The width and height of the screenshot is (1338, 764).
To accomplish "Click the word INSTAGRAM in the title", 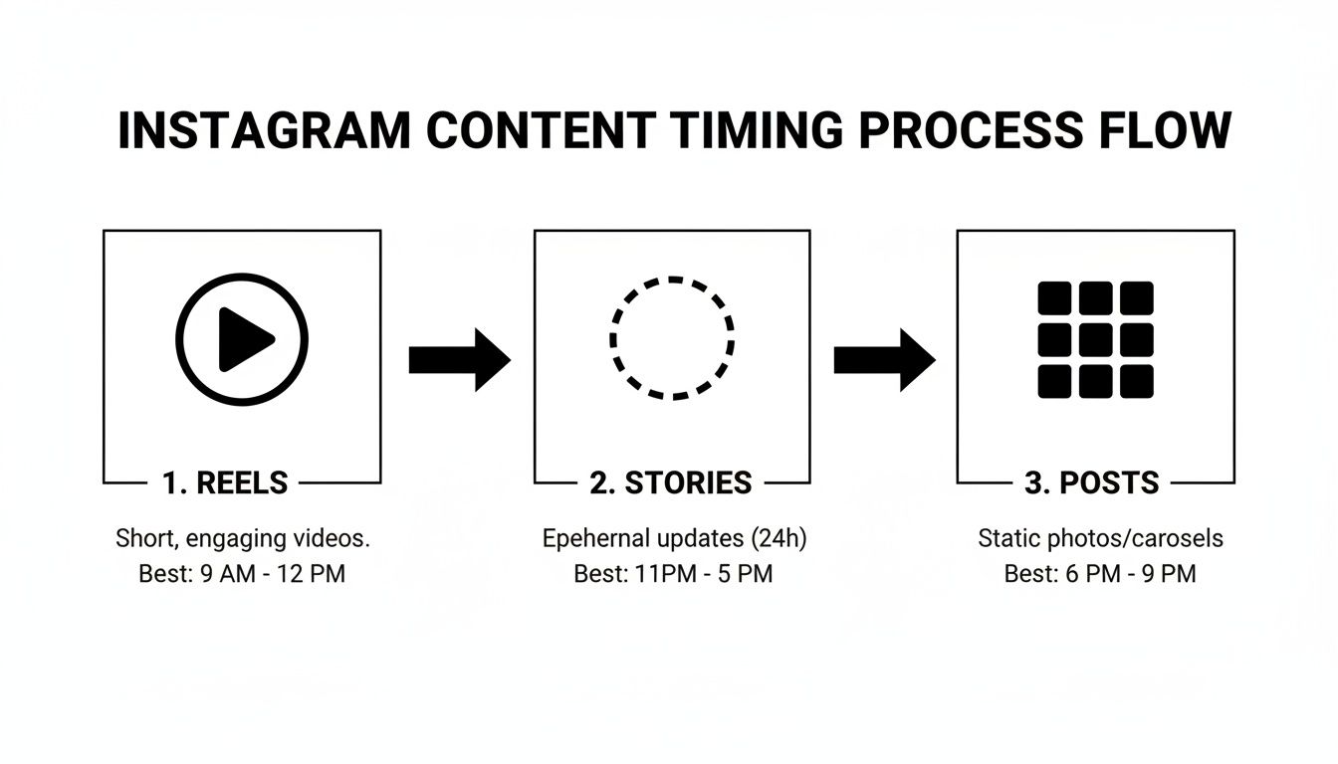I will click(x=262, y=131).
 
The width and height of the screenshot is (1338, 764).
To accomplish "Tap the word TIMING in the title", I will click(x=756, y=131).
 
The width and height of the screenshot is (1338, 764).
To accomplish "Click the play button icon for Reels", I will click(x=242, y=339).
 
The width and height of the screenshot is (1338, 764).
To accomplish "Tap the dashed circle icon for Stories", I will click(x=672, y=338).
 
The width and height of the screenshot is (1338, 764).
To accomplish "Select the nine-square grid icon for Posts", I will click(x=1095, y=339).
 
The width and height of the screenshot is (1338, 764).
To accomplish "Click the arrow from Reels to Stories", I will click(x=459, y=359).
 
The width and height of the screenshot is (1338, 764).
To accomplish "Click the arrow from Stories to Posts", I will click(x=884, y=359).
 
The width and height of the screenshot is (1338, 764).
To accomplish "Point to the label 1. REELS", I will click(x=225, y=483).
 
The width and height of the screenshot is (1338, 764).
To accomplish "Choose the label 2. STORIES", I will click(x=670, y=483).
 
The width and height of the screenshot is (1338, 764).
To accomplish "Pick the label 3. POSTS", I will click(x=1092, y=483).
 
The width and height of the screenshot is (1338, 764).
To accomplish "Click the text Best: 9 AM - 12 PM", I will click(x=242, y=575).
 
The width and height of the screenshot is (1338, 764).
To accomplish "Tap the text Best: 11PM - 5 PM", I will click(x=673, y=575).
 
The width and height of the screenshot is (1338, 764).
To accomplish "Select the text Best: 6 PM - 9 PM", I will click(x=1100, y=575).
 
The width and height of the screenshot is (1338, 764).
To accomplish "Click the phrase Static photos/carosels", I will click(x=1100, y=539).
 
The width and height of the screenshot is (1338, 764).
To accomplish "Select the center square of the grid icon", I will click(x=1095, y=339).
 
